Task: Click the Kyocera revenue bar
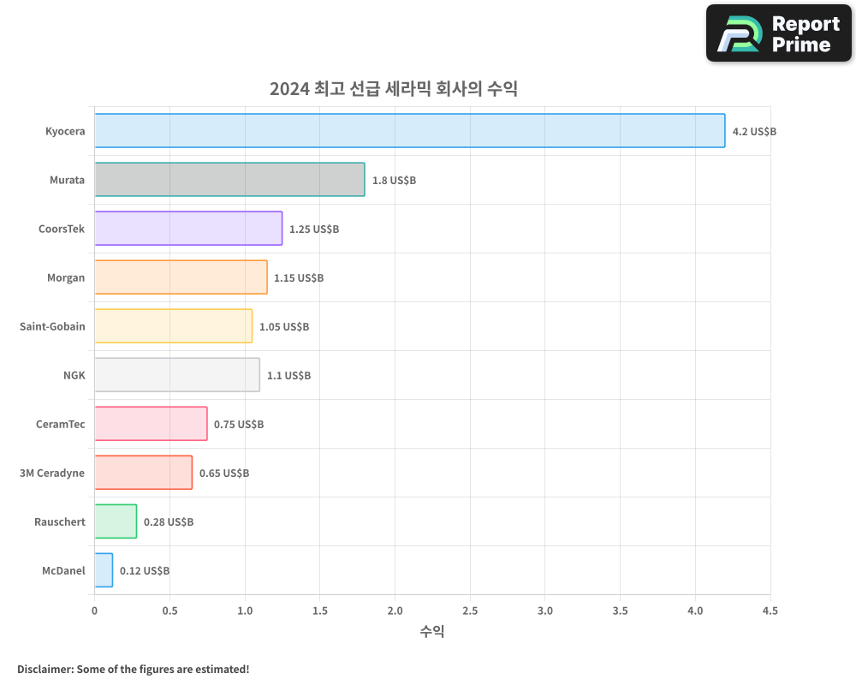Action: [409, 131]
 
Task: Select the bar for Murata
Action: [229, 180]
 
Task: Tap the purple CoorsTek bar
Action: [188, 229]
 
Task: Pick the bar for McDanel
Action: [104, 570]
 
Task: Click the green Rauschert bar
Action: [116, 521]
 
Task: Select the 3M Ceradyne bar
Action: [143, 473]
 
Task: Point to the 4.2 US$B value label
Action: [754, 132]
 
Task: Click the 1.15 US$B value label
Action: [299, 278]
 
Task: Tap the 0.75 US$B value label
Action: [239, 425]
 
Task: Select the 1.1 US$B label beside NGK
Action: [288, 376]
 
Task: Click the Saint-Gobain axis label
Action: [52, 326]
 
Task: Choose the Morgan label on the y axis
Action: [66, 277]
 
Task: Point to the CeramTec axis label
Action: [60, 424]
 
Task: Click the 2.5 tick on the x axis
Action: [470, 611]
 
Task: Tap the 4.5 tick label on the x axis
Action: [770, 611]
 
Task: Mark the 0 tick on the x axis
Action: [94, 611]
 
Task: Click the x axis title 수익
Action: [432, 632]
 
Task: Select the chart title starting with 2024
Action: [394, 89]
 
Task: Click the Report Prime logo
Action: [779, 33]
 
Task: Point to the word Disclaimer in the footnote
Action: [45, 669]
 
